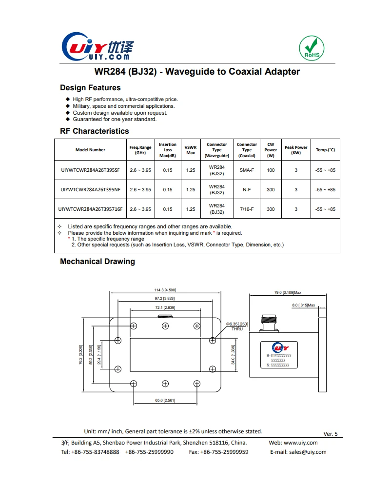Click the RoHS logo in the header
311,48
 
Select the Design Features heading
90,88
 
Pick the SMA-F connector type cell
247,170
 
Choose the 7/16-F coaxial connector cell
247,209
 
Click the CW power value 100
271,170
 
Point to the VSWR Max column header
191,150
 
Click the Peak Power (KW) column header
296,150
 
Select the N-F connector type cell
247,190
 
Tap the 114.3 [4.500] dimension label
165,290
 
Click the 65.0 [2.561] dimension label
165,401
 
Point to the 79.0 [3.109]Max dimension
288,292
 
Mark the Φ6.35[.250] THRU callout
237,326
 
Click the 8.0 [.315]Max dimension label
304,305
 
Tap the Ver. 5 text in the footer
330,434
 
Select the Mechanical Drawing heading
97,262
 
